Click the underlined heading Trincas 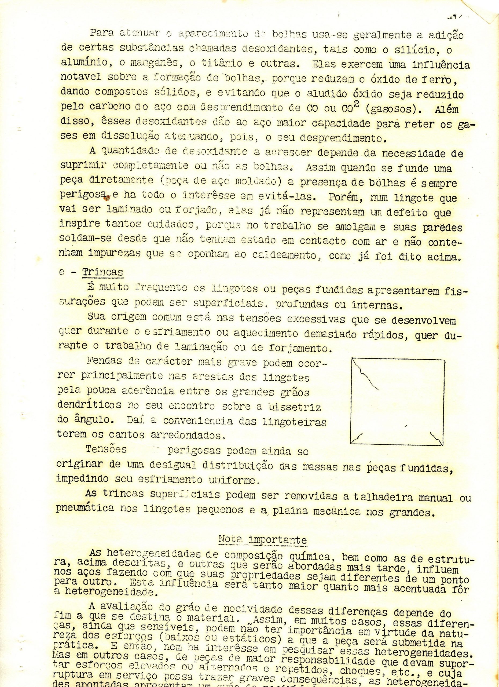tap(103, 272)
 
